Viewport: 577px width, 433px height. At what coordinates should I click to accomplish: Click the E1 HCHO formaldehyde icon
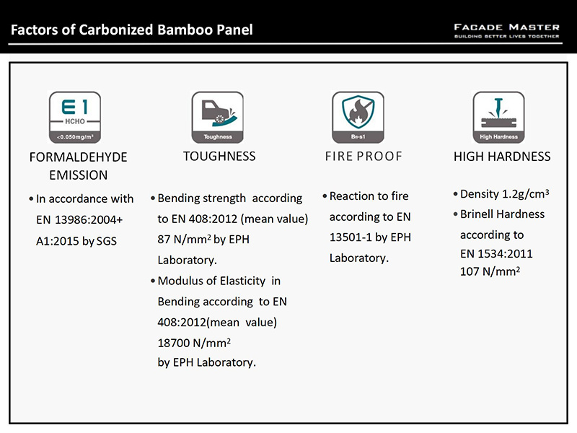75,118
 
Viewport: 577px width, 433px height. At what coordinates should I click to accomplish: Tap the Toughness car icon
218,118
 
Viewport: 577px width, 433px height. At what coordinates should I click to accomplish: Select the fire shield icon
358,118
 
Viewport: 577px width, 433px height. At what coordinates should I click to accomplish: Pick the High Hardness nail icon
498,118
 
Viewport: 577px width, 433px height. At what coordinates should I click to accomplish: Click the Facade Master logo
507,31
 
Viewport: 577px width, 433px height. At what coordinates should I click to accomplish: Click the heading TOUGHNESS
219,157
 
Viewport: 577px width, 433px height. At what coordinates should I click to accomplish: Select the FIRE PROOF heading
364,157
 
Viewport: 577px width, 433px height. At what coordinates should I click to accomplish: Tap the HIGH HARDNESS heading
502,157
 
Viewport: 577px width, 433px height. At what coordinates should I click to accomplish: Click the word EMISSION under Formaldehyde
79,175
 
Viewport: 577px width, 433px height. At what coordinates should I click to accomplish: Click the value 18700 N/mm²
194,343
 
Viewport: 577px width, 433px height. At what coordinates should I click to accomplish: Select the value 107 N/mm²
490,271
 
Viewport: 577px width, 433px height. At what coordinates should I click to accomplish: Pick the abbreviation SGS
106,241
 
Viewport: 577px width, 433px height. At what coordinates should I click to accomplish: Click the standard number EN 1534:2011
496,254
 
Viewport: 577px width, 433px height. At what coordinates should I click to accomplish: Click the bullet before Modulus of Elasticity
153,281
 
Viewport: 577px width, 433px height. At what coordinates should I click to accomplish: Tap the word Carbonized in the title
115,30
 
